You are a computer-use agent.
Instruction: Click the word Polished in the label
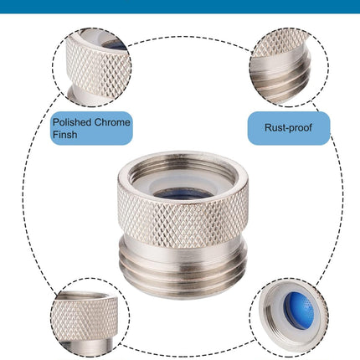tap(72, 122)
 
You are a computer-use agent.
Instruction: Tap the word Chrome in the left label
tap(112, 122)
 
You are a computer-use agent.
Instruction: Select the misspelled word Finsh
tap(64, 135)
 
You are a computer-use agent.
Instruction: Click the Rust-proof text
tap(288, 128)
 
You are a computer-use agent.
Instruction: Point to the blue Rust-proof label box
tap(289, 128)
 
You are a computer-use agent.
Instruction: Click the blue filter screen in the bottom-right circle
tap(299, 310)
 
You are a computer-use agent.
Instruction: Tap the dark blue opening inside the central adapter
tap(183, 193)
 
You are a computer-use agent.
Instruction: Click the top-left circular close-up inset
tap(92, 67)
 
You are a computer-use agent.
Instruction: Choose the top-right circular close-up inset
tap(289, 67)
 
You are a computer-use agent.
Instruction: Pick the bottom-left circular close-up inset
tap(90, 317)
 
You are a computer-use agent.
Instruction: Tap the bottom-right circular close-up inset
tap(289, 317)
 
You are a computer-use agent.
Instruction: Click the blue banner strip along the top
tap(180, 6)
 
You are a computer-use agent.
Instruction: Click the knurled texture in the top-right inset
tap(282, 44)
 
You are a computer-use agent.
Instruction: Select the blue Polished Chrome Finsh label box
tap(91, 128)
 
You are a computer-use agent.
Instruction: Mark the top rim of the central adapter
tap(183, 157)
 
